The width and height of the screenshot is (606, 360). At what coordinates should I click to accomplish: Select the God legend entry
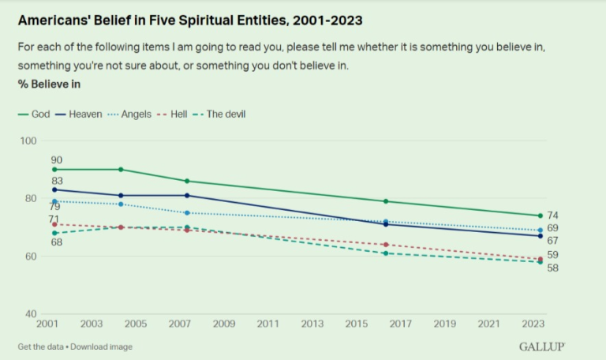click(x=35, y=114)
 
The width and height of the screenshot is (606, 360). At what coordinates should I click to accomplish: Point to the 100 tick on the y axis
click(x=29, y=141)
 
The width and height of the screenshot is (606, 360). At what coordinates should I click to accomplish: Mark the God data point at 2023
click(x=541, y=216)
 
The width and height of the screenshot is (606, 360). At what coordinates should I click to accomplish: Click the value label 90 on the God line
click(x=56, y=159)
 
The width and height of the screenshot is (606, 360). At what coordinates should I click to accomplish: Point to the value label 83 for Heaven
click(x=56, y=181)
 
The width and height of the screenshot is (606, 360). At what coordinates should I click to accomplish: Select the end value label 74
click(x=553, y=216)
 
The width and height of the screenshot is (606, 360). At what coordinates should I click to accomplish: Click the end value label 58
click(x=553, y=268)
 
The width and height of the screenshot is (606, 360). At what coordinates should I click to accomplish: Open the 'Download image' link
click(x=102, y=347)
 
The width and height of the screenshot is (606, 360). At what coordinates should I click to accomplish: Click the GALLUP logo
click(x=542, y=347)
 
